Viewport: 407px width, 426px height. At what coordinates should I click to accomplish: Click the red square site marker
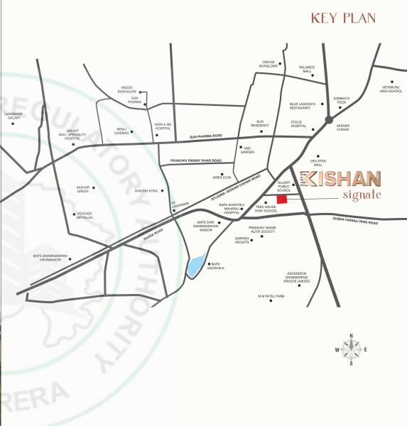(x=281, y=200)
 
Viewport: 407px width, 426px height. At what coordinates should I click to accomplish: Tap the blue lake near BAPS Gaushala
(x=194, y=266)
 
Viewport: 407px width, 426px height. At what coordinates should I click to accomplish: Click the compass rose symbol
(x=349, y=349)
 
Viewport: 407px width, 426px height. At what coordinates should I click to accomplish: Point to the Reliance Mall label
(x=307, y=70)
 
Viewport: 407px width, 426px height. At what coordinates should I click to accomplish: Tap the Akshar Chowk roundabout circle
(x=329, y=120)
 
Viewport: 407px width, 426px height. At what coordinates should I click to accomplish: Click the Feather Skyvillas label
(x=85, y=215)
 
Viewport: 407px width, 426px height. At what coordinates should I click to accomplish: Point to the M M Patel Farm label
(x=271, y=295)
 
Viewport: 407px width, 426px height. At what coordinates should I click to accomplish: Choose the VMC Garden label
(x=247, y=151)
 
